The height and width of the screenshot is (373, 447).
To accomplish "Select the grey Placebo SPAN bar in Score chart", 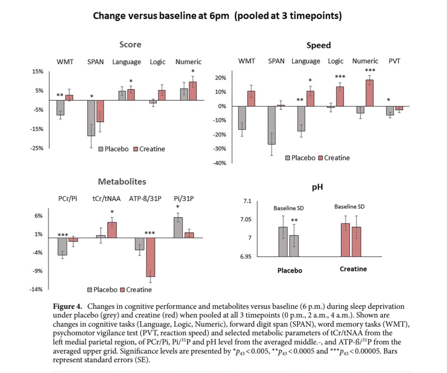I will (x=91, y=118).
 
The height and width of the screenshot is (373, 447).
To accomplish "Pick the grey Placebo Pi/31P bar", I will (x=178, y=228).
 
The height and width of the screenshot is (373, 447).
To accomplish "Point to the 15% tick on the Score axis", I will (x=38, y=72).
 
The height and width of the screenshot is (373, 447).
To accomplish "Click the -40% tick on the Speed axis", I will (x=220, y=163).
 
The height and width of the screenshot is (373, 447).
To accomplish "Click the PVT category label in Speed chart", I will (x=394, y=61).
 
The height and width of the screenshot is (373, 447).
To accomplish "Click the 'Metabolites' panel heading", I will (x=122, y=182).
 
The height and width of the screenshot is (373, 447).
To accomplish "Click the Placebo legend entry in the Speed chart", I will (x=300, y=158).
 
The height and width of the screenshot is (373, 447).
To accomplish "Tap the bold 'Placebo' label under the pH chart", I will (x=289, y=270).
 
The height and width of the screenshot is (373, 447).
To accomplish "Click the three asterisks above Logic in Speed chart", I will (x=340, y=77).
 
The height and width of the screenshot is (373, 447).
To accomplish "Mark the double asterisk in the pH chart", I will (x=295, y=220).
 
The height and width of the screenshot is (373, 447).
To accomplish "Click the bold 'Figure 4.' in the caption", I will (x=67, y=306).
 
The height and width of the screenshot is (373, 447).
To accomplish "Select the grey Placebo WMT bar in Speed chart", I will (x=243, y=118).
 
